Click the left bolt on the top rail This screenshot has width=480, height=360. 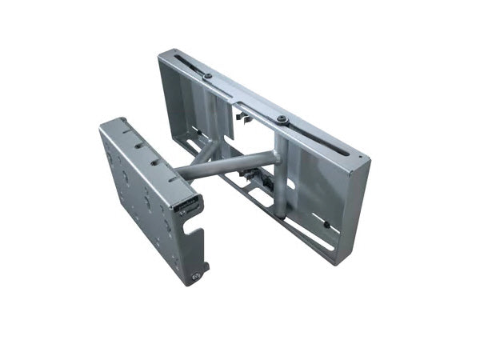(208, 76)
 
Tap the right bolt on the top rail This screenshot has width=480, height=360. (282, 120)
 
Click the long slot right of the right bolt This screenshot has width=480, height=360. (320, 140)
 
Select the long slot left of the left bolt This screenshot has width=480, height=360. (182, 64)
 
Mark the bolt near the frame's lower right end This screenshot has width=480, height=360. (326, 225)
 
